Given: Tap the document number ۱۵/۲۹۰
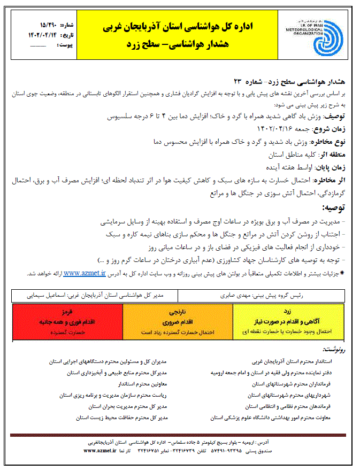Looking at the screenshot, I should pos(49,25).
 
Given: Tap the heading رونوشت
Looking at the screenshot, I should pos(335,350).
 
